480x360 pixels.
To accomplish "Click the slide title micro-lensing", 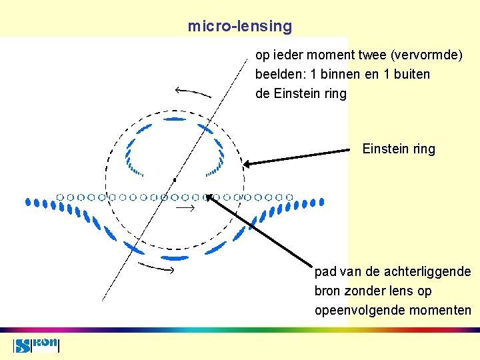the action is pos(240,27).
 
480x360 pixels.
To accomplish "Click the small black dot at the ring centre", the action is pos(174,180).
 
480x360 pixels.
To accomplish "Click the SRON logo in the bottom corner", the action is pos(37,345).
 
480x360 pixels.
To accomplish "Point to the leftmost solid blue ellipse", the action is pos(27,201).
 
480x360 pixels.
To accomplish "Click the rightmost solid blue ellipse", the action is pos(322,201).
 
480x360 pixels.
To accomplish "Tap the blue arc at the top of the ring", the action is pos(174,119).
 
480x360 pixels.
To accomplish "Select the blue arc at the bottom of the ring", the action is pos(175,257).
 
